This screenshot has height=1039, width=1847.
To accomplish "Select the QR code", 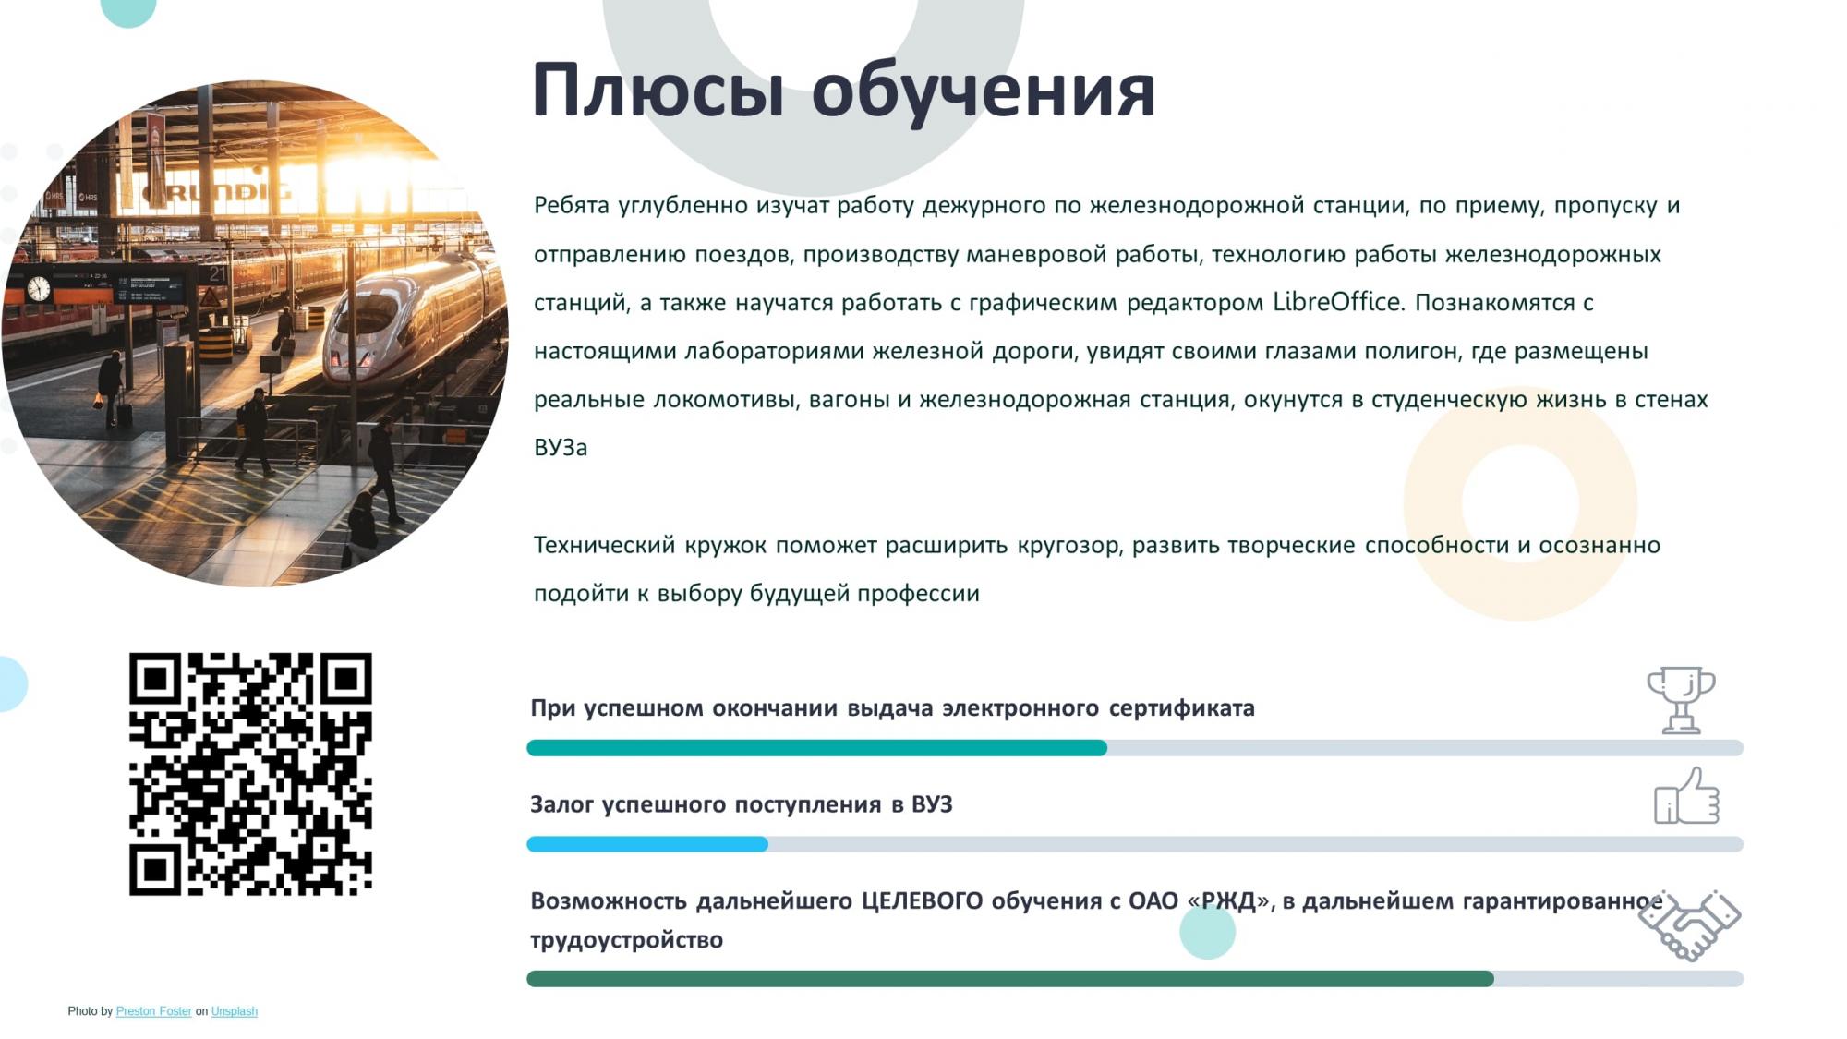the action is point(250,774).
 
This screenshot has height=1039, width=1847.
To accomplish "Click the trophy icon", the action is point(1681,699).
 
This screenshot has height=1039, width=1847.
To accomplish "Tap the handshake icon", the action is point(1690,925).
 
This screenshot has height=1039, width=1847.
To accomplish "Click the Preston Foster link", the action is point(153,1011).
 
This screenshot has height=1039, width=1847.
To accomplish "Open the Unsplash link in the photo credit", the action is point(235,1011).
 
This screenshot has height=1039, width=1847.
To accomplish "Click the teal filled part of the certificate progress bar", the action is point(816,748).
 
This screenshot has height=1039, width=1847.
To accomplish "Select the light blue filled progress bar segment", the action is point(647,844).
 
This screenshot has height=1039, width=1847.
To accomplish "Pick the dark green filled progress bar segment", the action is point(1010,979).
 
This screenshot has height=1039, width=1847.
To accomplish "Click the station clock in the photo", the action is point(39,288).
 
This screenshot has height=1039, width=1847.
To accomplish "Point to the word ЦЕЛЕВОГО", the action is point(922,900).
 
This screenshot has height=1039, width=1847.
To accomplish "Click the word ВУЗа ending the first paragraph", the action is point(561,448).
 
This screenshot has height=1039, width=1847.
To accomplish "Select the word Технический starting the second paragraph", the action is point(605,545).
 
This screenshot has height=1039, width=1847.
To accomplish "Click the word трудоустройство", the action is point(627,940).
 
